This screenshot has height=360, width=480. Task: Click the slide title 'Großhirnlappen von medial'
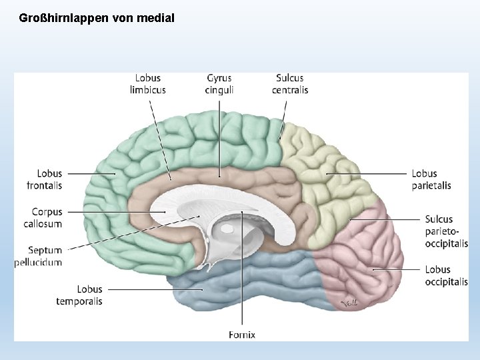97,18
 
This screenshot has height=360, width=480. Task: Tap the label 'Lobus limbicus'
147,84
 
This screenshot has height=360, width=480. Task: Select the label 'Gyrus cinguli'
219,84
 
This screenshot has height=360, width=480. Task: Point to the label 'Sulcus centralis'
289,84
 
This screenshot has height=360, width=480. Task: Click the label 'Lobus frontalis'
45,179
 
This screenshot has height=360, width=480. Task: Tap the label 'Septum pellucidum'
40,256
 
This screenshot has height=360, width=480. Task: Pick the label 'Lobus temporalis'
79,295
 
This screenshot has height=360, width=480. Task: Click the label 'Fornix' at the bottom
241,334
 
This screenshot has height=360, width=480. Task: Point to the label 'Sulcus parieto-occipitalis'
446,231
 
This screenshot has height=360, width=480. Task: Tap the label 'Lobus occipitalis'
446,275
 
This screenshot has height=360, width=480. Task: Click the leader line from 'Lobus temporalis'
153,289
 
